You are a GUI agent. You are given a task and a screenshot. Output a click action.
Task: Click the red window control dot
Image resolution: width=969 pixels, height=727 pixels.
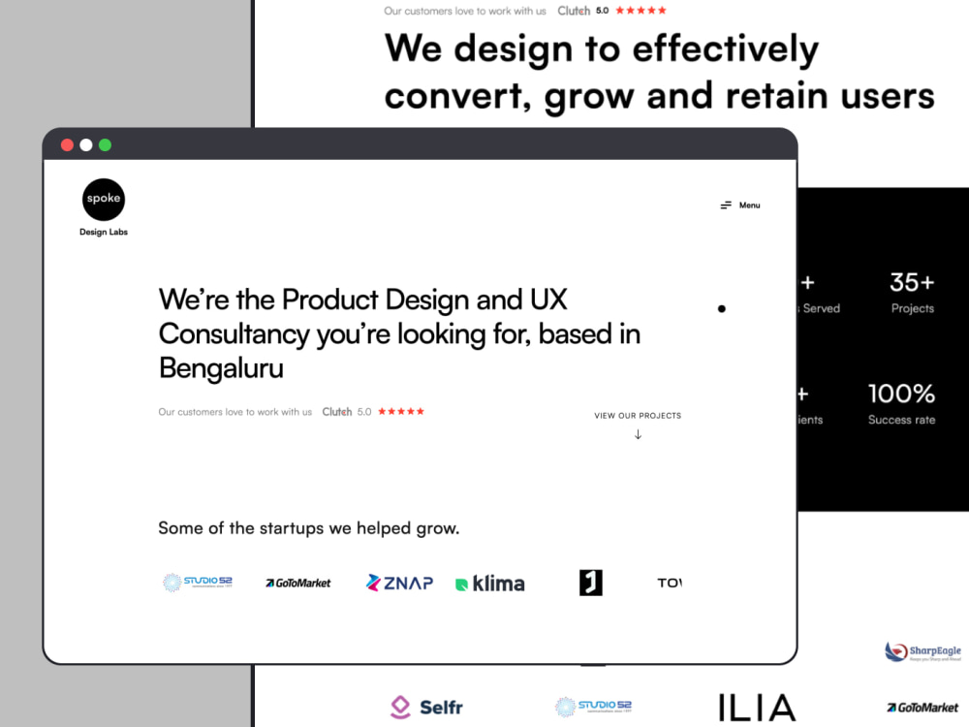(x=67, y=145)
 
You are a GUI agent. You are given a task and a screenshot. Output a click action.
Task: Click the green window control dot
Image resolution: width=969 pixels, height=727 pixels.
(x=105, y=145)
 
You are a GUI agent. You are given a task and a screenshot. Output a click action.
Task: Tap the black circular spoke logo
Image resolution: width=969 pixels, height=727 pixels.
(x=104, y=200)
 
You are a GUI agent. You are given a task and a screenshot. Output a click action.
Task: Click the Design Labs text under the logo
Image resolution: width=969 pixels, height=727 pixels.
(x=104, y=233)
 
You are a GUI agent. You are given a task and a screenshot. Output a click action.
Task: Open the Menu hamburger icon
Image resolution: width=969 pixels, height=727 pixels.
(x=726, y=205)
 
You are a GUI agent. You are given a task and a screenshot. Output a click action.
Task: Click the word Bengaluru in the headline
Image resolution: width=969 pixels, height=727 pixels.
(x=221, y=368)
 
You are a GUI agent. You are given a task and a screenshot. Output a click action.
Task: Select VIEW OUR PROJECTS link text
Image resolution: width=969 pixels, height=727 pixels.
(x=638, y=416)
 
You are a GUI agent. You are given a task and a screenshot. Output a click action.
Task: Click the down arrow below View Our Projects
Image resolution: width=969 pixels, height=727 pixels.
(x=638, y=434)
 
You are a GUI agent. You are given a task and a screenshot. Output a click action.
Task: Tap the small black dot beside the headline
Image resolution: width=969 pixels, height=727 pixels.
(x=721, y=309)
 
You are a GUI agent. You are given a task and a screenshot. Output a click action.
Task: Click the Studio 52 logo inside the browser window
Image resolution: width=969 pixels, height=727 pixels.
(x=198, y=583)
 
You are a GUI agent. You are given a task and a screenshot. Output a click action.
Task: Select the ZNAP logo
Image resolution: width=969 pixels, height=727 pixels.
(x=399, y=583)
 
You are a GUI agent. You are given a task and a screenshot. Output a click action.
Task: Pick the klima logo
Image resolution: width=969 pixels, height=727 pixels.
(x=490, y=584)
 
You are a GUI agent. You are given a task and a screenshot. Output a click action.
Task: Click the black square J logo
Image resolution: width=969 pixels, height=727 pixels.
(x=591, y=583)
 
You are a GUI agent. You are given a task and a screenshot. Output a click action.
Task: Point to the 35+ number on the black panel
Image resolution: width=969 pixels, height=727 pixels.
(x=912, y=282)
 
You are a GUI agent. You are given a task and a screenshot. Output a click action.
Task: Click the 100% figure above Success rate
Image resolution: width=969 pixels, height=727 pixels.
(x=901, y=394)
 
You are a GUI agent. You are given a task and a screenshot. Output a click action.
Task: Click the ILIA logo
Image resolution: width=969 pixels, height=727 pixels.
(x=757, y=708)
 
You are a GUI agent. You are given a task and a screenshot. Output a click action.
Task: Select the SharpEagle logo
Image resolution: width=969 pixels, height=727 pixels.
(x=922, y=652)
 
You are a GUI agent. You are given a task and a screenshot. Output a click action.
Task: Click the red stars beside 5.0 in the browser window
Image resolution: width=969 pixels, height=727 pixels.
(x=401, y=412)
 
